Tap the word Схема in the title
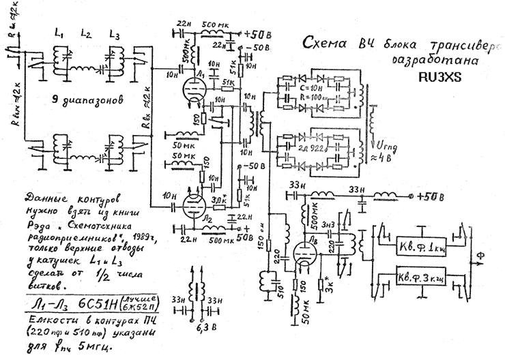[323, 44]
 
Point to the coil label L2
[87, 33]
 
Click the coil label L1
[59, 33]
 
